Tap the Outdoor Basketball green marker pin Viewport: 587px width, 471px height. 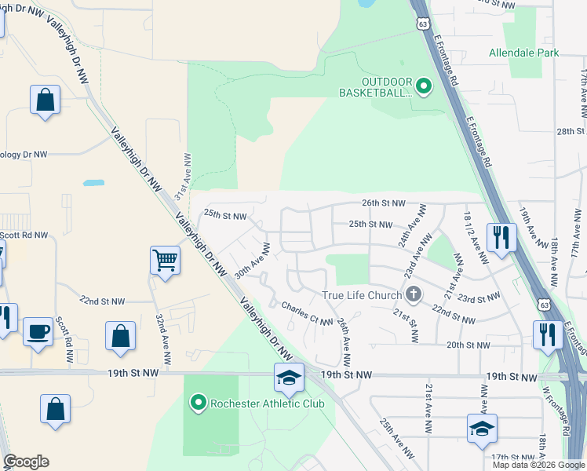click(x=424, y=86)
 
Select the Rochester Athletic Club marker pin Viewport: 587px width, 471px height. click(x=199, y=404)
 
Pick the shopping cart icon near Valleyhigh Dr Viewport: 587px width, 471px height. click(x=165, y=260)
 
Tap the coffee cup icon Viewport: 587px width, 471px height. click(x=38, y=331)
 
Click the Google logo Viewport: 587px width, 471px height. click(x=26, y=462)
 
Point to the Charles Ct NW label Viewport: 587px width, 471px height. click(x=307, y=314)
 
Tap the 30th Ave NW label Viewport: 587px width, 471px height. click(x=253, y=261)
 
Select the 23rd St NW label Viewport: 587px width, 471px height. click(x=479, y=298)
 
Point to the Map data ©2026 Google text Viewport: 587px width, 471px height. click(x=538, y=465)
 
